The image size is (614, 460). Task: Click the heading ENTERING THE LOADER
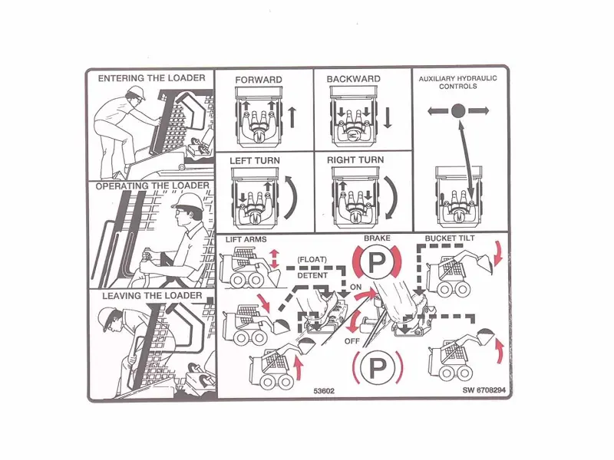pyautogui.click(x=151, y=78)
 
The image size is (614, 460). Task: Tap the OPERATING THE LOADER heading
pyautogui.click(x=152, y=186)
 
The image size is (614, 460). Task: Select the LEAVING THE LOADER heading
pyautogui.click(x=152, y=296)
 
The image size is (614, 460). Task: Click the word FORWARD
pyautogui.click(x=258, y=80)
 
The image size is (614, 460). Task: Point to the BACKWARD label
pyautogui.click(x=353, y=80)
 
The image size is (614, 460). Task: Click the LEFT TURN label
pyautogui.click(x=255, y=160)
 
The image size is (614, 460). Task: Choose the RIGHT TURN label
pyautogui.click(x=355, y=160)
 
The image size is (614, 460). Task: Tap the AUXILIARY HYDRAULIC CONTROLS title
pyautogui.click(x=457, y=82)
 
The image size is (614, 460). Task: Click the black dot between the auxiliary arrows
pyautogui.click(x=457, y=110)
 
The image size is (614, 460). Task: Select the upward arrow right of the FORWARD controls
pyautogui.click(x=292, y=117)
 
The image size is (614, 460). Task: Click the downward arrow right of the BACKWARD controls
pyautogui.click(x=388, y=117)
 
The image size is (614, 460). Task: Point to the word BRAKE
pyautogui.click(x=377, y=239)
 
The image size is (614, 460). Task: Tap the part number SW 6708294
pyautogui.click(x=486, y=390)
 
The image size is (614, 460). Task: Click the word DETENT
pyautogui.click(x=312, y=274)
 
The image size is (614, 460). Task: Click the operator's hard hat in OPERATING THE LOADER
pyautogui.click(x=188, y=202)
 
